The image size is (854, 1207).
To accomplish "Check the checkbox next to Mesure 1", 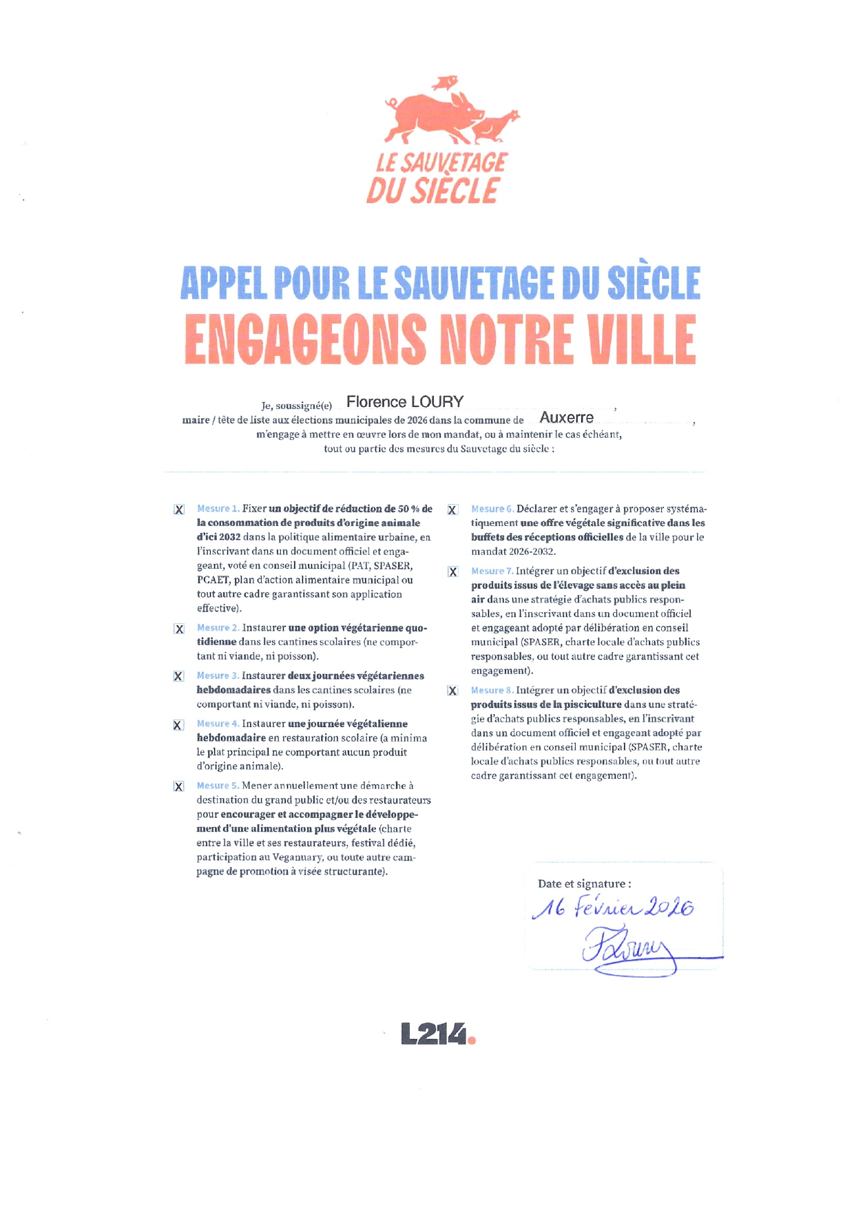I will coord(179,510).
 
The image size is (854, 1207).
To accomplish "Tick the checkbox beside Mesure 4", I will coord(178,725).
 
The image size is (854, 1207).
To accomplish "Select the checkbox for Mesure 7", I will coord(452,572).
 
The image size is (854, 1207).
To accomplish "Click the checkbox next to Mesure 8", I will coord(452,691).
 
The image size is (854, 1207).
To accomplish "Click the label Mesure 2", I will coord(218,628).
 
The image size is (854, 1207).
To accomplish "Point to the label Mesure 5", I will coord(218,786).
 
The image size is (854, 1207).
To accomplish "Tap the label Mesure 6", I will coord(492,509).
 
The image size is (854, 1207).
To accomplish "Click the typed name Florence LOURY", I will coord(404,402).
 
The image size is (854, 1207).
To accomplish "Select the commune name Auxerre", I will coord(566,418).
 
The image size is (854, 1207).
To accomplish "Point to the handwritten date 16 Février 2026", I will coord(613,908).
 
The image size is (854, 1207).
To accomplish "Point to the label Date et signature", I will coord(584,884).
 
